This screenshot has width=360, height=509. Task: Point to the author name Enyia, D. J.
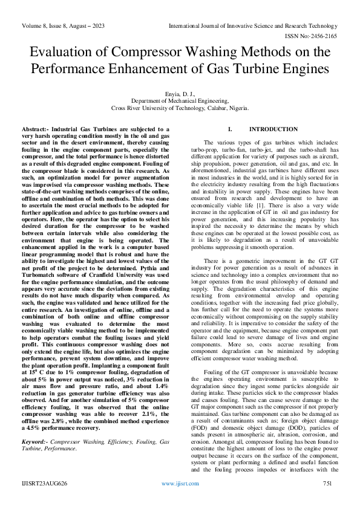tap(180, 94)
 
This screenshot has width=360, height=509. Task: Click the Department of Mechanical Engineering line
tap(180, 102)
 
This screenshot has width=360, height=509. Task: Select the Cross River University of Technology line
tap(180, 109)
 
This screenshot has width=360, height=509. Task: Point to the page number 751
tap(329, 484)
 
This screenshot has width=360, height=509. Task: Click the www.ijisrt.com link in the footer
tap(180, 484)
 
